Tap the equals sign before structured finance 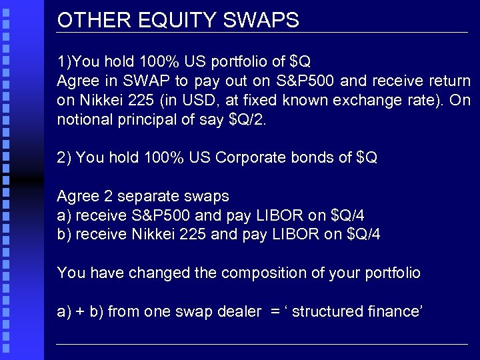point(273,311)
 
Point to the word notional point(83,120)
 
